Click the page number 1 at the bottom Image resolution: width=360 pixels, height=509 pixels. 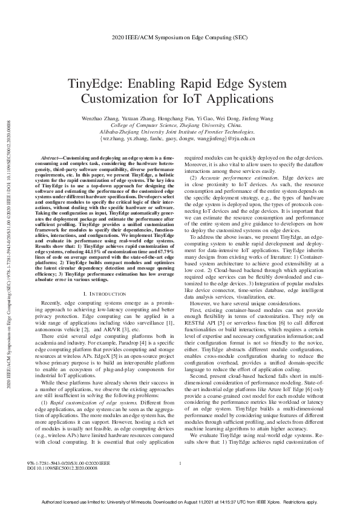[181, 481]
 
